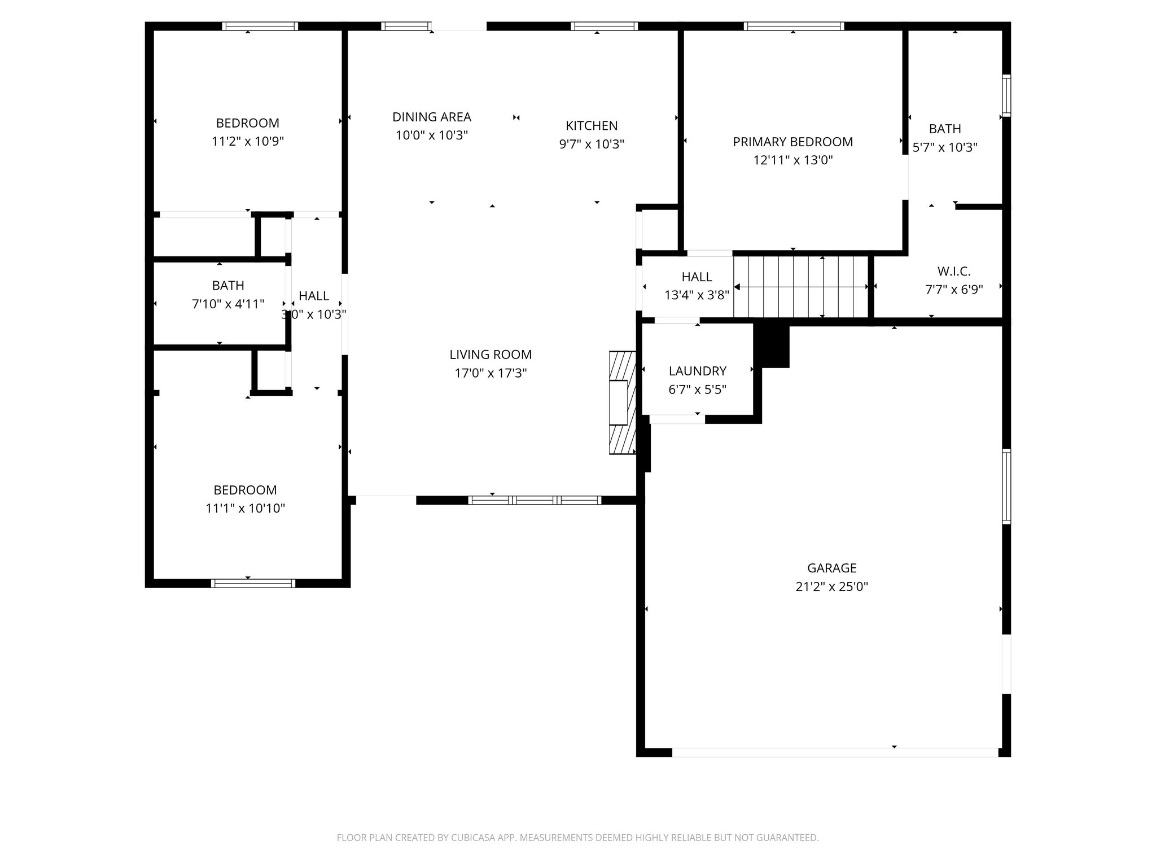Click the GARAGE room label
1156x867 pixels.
click(x=831, y=568)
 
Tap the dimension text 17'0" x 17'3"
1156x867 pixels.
click(x=491, y=373)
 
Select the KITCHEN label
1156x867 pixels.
click(x=592, y=125)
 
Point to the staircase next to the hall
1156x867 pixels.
click(x=800, y=287)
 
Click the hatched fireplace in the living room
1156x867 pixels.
click(x=623, y=403)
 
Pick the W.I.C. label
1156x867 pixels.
click(x=954, y=272)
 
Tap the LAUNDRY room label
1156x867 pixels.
click(x=697, y=371)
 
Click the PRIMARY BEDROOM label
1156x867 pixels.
click(x=792, y=142)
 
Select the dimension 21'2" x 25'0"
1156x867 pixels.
click(x=831, y=586)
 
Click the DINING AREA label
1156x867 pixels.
click(x=432, y=117)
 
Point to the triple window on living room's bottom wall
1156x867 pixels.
click(x=535, y=500)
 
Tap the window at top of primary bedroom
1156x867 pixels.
click(x=794, y=26)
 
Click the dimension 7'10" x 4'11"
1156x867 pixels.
click(x=228, y=304)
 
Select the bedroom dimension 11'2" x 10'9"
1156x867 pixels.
click(x=247, y=141)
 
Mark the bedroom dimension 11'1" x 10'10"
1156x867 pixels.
click(x=245, y=508)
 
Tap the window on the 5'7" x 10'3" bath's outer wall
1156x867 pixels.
click(x=1006, y=95)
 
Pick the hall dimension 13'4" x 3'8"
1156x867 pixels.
click(x=697, y=295)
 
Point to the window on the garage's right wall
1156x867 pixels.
click(x=1006, y=486)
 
